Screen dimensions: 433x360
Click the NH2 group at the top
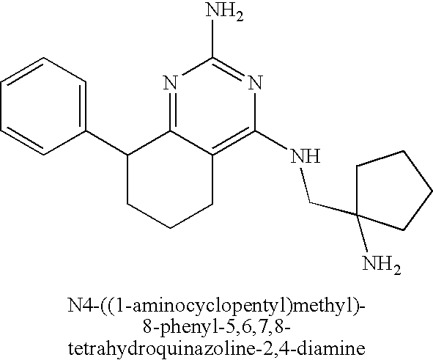coord(225,12)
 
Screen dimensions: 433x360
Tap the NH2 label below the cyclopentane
coord(382,265)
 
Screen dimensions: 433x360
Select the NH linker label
coord(305,157)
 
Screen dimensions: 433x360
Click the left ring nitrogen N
coord(171,83)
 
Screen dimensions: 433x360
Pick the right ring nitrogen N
coord(255,83)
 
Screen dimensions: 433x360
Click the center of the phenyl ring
coord(43,106)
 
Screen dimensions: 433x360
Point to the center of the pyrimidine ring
coord(212,106)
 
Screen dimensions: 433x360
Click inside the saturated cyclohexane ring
coord(170,180)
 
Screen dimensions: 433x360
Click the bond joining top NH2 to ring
coord(212,39)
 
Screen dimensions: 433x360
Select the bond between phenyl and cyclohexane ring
coord(107,142)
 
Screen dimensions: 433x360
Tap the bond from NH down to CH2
coord(306,185)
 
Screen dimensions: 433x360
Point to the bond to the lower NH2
coord(361,233)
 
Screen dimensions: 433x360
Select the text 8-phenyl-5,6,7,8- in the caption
coord(217,328)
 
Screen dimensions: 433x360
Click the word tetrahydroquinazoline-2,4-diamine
coord(217,349)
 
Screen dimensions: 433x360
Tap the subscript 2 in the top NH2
coord(240,18)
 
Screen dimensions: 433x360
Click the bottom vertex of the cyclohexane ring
coord(170,228)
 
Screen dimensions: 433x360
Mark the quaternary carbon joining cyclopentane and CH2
coord(356,214)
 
